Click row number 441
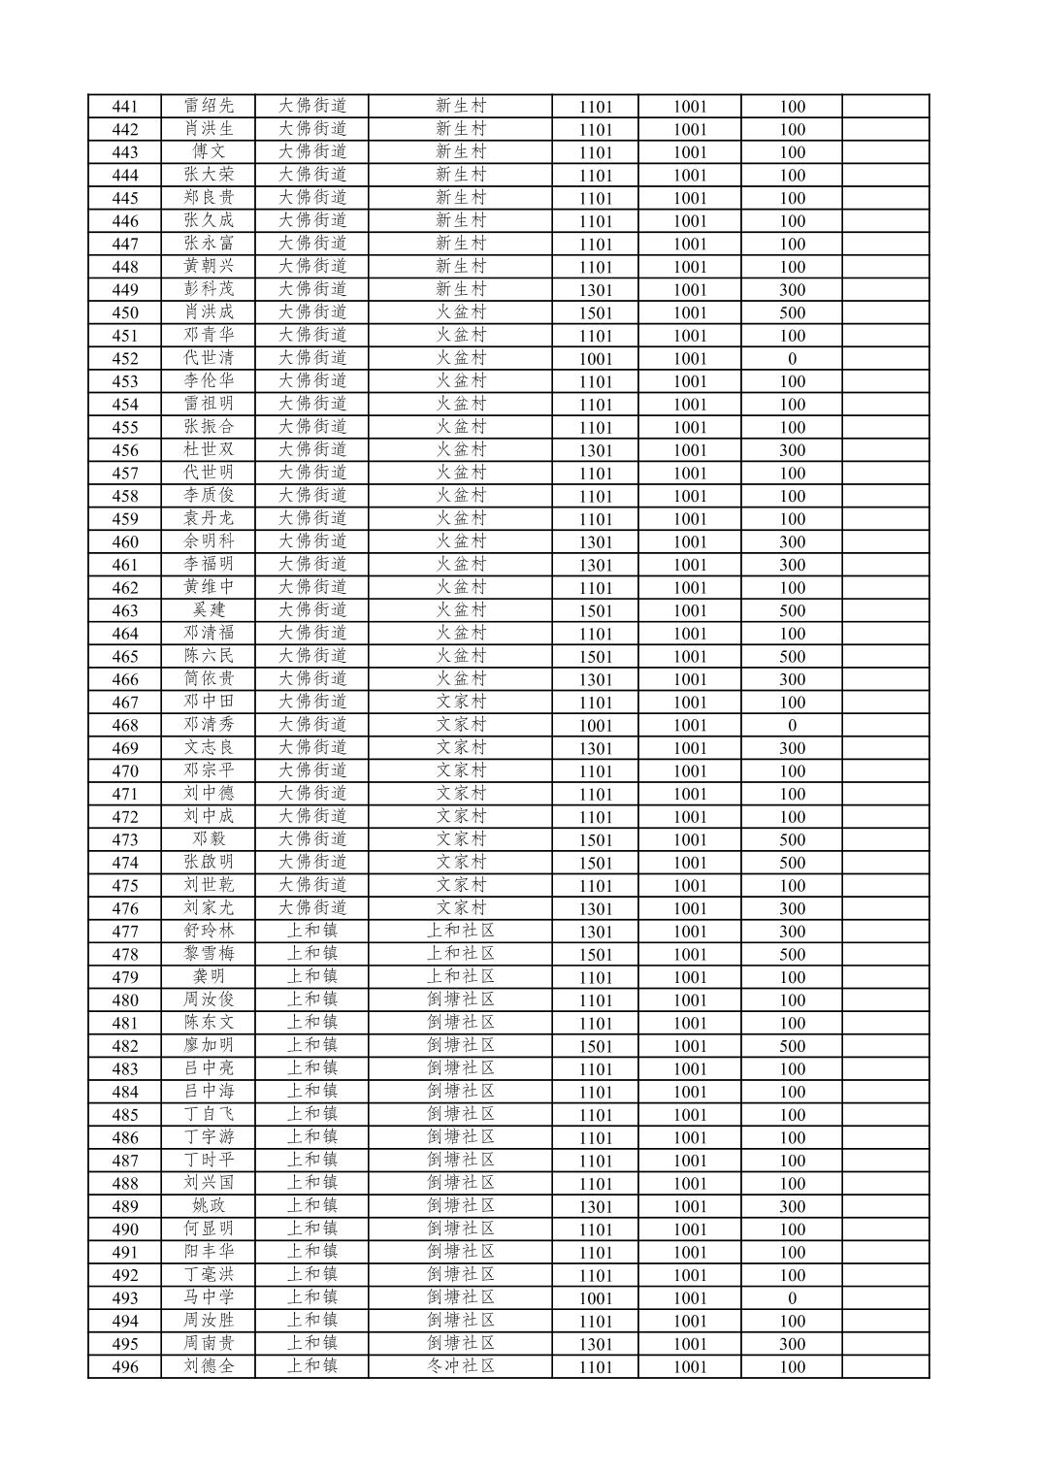coord(125,107)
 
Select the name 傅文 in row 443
coord(209,152)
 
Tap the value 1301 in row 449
coord(596,290)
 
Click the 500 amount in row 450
coord(792,312)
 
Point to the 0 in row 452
coord(792,359)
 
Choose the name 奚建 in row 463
coord(209,610)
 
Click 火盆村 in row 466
coord(460,679)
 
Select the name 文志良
coord(209,748)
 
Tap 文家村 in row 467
coord(460,703)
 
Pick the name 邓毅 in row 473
coord(209,839)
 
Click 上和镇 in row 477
coord(312,932)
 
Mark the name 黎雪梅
coord(209,954)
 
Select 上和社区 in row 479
coord(460,977)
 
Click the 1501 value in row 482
coord(596,1046)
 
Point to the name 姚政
coord(209,1206)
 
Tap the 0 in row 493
coord(792,1298)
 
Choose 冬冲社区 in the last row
coord(460,1366)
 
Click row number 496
coord(125,1367)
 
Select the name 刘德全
coord(209,1366)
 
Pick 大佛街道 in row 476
coord(312,908)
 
